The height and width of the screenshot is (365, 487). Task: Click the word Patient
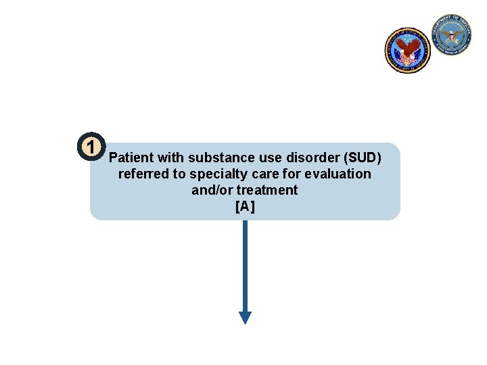[x=131, y=158]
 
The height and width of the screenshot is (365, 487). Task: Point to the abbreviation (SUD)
[x=363, y=158]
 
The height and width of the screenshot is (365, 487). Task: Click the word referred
[x=141, y=174]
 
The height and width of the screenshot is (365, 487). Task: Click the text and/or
[x=212, y=191]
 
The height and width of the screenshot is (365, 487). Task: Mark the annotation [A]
[x=245, y=207]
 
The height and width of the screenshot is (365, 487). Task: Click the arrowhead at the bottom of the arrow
[x=245, y=317]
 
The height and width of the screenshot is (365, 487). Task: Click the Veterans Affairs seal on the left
[x=407, y=50]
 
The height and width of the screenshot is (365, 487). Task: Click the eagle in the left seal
[x=407, y=47]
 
